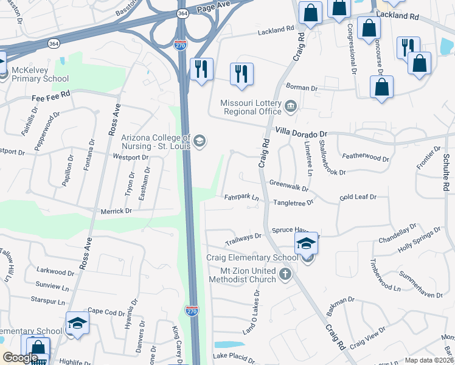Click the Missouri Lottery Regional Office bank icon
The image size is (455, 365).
[x=291, y=108]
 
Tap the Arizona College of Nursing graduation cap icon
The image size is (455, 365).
[x=199, y=142]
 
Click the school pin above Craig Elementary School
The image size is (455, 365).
[x=307, y=245]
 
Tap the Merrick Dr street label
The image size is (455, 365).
[x=116, y=211]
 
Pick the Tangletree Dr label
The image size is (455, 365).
[x=293, y=202]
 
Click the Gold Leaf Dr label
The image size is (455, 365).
[x=358, y=197]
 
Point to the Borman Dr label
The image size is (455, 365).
[x=305, y=88]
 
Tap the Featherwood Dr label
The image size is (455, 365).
[x=366, y=157]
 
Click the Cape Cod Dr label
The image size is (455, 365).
[x=106, y=311]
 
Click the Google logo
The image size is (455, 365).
[x=20, y=358]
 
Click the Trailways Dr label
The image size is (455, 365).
[x=243, y=237]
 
